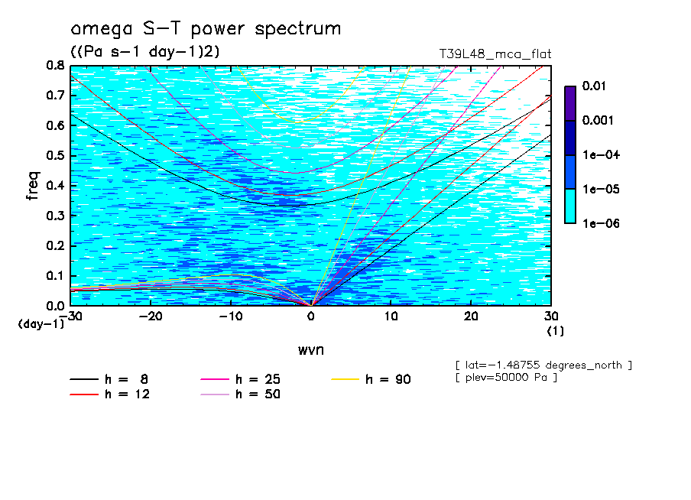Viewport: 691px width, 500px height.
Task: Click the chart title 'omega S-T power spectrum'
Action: coord(206,29)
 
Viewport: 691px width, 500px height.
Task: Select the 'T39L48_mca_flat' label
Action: coord(495,54)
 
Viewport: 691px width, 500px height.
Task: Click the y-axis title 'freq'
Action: coord(33,185)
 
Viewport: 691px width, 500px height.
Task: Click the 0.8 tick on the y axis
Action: coord(54,66)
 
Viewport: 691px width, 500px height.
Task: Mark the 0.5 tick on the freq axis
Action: coord(54,156)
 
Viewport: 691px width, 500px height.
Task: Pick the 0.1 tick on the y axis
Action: coord(54,276)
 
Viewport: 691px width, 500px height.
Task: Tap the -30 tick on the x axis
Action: coord(70,317)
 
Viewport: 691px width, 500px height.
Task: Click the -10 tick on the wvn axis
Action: coord(231,317)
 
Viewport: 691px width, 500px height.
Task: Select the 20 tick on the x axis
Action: coord(471,317)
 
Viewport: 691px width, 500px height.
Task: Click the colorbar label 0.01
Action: coord(594,86)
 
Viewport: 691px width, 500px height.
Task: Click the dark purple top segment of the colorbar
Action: coord(569,103)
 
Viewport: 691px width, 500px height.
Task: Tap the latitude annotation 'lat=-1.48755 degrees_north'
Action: coord(543,365)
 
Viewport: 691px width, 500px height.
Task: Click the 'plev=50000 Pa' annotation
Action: coord(505,378)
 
